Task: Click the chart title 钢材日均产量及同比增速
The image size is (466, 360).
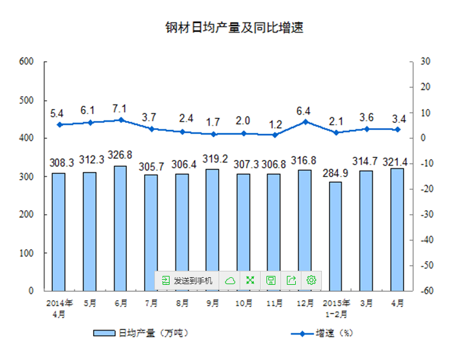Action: [233, 29]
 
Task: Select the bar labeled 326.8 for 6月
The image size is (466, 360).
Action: [120, 228]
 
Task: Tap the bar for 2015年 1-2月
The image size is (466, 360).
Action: [335, 236]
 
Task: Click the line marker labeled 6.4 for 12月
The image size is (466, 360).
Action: [305, 122]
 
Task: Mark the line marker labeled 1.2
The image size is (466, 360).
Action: [274, 135]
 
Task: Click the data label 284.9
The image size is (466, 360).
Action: [335, 173]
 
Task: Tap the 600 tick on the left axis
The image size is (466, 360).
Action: [26, 62]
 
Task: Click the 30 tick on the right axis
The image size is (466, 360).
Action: [424, 62]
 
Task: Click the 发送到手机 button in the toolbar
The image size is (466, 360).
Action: [188, 280]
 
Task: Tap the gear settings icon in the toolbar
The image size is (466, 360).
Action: [311, 280]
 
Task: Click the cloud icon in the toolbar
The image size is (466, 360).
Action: [230, 280]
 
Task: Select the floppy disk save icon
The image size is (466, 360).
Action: [270, 280]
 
